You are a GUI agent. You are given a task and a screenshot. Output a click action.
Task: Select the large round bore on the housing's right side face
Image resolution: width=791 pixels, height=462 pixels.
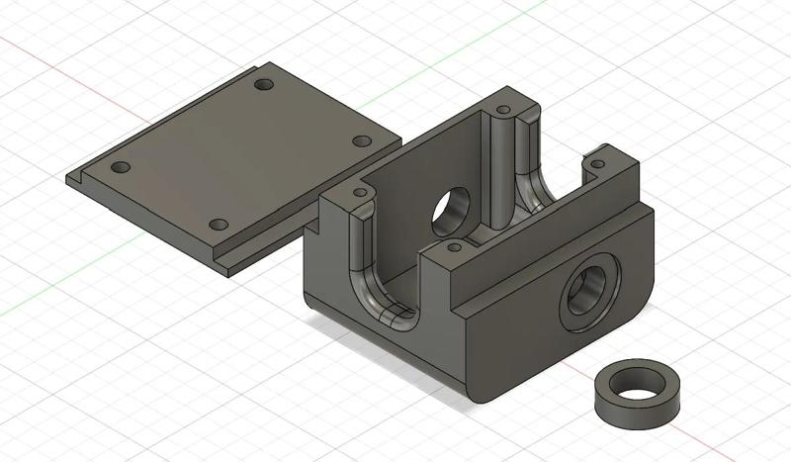pos(588,295)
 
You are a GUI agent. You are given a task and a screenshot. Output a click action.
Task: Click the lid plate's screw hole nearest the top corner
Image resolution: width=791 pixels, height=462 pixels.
pos(263,85)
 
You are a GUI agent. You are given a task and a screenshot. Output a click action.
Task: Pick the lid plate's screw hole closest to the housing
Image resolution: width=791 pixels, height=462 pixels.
pos(362,141)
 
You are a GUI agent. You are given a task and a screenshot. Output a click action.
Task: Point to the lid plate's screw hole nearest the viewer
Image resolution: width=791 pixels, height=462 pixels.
pos(220,225)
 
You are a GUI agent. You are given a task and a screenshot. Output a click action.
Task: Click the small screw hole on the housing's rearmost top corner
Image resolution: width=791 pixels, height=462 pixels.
pos(502,107)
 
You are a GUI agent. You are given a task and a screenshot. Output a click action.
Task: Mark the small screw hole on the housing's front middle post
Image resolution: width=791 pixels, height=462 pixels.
pos(454,246)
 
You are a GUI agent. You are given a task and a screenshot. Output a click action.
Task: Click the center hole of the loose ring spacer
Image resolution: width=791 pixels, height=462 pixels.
pos(636,379)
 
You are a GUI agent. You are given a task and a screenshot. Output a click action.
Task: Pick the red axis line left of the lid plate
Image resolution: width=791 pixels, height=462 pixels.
pos(30,48)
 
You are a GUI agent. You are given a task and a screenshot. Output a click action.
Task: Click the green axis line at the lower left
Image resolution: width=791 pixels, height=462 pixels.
pos(30,307)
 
